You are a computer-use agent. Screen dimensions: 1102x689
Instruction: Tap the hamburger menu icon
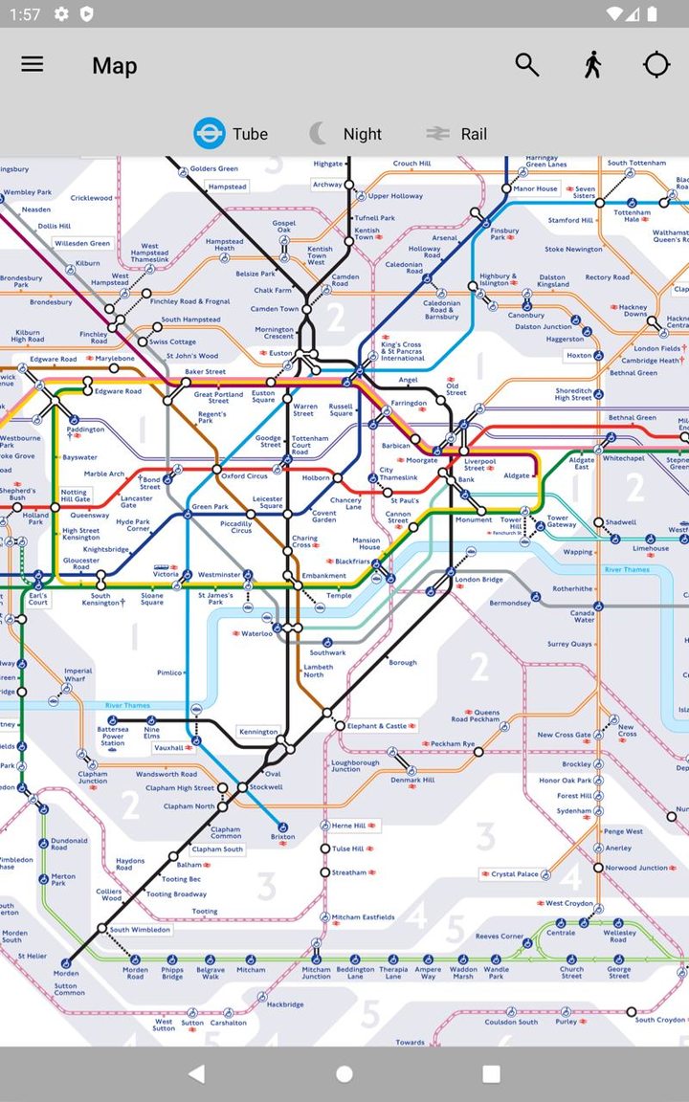pyautogui.click(x=33, y=65)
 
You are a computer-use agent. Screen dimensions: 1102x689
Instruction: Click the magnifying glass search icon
pyautogui.click(x=526, y=65)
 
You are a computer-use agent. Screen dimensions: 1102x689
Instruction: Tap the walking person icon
pyautogui.click(x=592, y=65)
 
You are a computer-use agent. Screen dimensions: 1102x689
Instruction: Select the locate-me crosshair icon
pyautogui.click(x=656, y=65)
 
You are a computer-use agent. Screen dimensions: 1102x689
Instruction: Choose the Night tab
pyautogui.click(x=346, y=134)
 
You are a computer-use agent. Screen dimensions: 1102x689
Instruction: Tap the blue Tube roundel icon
pyautogui.click(x=210, y=133)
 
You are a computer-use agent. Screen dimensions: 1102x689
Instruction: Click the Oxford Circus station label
pyautogui.click(x=245, y=475)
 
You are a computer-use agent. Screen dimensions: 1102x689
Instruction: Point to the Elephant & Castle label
pyautogui.click(x=377, y=726)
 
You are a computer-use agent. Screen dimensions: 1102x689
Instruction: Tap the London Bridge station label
pyautogui.click(x=478, y=580)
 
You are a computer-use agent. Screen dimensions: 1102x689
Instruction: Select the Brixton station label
pyautogui.click(x=282, y=837)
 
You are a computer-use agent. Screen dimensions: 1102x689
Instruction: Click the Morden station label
pyautogui.click(x=66, y=974)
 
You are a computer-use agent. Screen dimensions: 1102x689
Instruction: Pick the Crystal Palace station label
pyautogui.click(x=515, y=873)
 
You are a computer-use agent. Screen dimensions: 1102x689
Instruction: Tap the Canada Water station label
pyautogui.click(x=583, y=616)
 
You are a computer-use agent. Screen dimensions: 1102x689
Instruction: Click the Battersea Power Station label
pyautogui.click(x=113, y=737)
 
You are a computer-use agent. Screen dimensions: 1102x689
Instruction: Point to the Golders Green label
pyautogui.click(x=213, y=169)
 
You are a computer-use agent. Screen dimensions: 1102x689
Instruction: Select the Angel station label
pyautogui.click(x=408, y=380)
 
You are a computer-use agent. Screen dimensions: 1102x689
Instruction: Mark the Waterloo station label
pyautogui.click(x=256, y=633)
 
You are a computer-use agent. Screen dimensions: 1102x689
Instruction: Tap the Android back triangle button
pyautogui.click(x=197, y=1074)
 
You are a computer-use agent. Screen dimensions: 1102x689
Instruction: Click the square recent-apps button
pyautogui.click(x=491, y=1074)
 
